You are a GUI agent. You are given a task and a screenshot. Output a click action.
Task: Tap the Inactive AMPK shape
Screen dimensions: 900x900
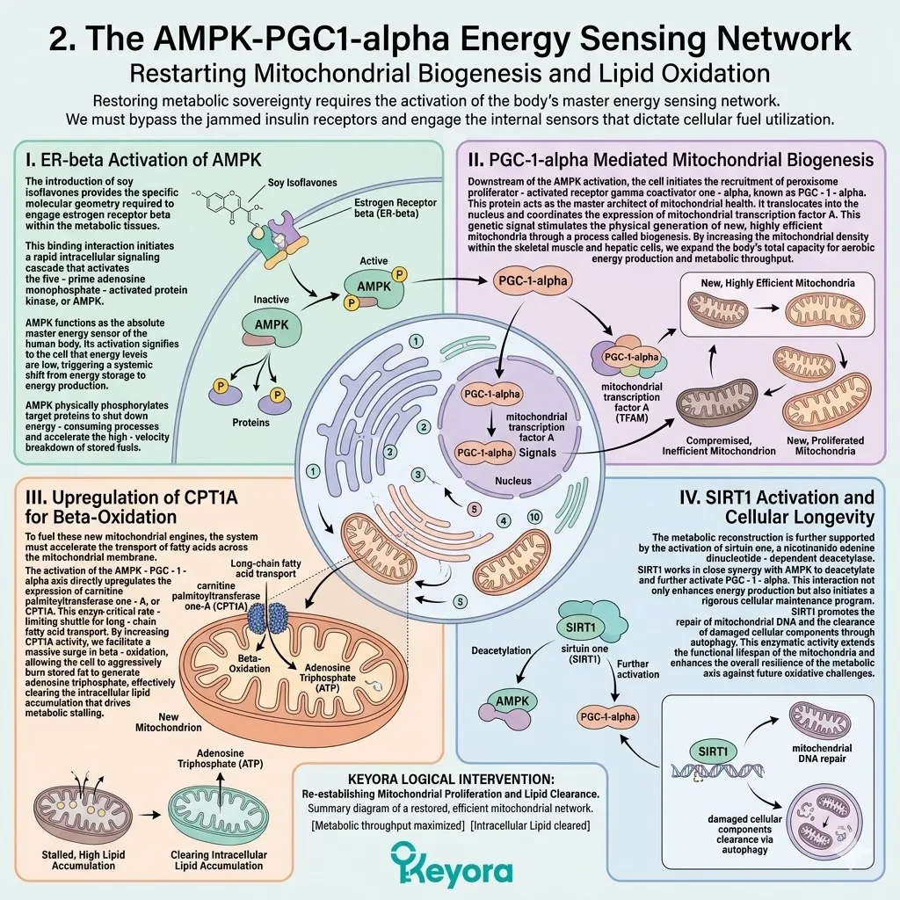272,328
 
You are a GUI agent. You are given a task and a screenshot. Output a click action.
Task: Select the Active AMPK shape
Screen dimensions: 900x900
374,287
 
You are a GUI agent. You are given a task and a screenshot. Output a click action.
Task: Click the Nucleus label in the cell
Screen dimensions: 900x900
513,481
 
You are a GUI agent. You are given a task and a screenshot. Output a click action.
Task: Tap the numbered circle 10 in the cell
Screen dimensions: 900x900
534,517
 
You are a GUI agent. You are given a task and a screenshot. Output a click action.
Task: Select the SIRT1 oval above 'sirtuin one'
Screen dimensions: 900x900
580,628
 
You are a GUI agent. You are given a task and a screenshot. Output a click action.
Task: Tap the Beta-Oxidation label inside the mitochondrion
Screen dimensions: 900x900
249,664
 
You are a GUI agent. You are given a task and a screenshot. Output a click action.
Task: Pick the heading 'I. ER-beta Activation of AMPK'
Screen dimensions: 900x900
143,160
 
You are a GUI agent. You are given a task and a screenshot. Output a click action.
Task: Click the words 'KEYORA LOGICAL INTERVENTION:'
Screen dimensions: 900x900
451,780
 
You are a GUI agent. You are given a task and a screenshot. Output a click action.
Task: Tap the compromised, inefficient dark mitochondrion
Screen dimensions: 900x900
716,403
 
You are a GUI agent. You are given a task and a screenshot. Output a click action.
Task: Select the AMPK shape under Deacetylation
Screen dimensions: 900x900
508,705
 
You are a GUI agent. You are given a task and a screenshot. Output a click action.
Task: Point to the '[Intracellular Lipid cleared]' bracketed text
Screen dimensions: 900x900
530,825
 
